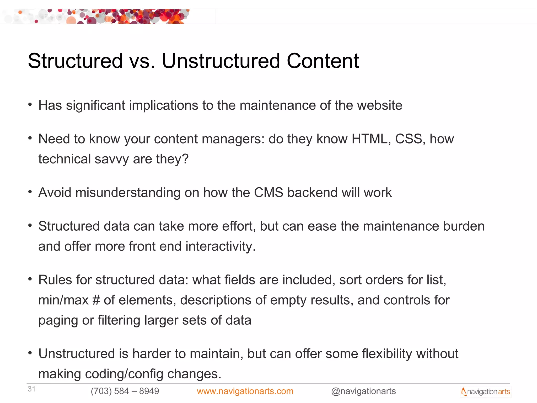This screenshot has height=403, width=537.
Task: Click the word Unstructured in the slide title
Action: [x=221, y=61]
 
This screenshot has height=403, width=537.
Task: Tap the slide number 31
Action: [x=31, y=389]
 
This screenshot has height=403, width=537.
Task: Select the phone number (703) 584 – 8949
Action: [x=125, y=391]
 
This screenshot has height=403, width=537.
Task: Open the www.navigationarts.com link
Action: [x=245, y=391]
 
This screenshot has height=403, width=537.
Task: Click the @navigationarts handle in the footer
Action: [x=363, y=391]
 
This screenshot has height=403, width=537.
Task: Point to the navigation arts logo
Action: [x=486, y=392]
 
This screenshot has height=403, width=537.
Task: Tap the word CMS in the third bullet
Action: [x=268, y=193]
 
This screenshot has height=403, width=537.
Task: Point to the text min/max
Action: [x=63, y=300]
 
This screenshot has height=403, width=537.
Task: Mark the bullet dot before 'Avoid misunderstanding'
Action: [x=30, y=192]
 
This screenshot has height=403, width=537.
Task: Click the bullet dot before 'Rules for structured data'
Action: [x=30, y=279]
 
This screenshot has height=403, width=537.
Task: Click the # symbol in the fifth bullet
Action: [x=96, y=300]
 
